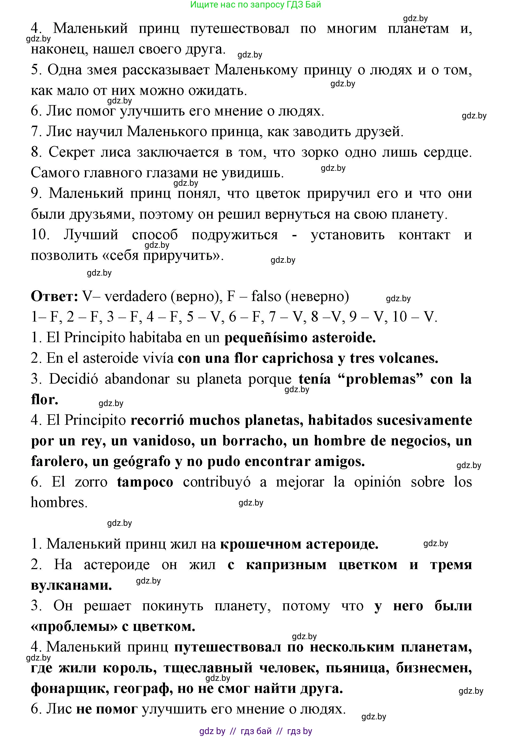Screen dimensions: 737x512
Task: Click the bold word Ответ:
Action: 54,296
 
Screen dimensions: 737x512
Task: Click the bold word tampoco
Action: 145,482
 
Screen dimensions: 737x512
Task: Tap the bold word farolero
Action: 59,462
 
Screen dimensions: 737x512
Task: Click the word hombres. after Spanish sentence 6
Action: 59,503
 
